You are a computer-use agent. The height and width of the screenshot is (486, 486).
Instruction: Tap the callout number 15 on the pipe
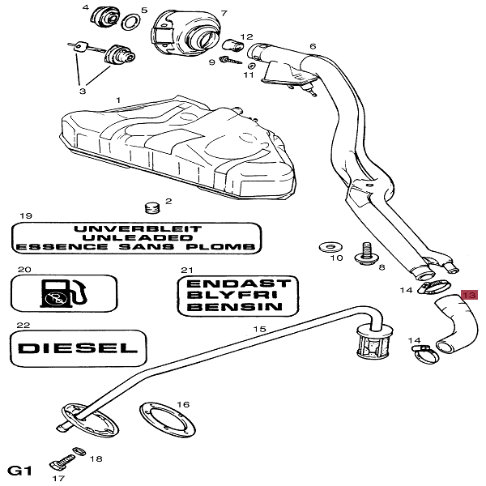point(259,330)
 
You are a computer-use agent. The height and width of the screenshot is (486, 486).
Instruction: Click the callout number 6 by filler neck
point(312,47)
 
